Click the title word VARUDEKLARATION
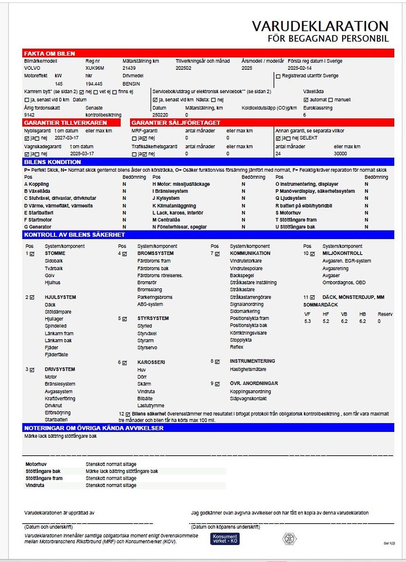320,26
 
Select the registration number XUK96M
95,68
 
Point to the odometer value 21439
129,68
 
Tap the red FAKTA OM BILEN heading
50,54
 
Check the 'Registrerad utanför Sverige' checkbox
278,76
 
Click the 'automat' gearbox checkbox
306,100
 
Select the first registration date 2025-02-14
299,68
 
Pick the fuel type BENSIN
131,84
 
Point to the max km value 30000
340,154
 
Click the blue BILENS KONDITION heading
52,162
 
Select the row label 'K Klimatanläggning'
174,206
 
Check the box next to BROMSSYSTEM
124,254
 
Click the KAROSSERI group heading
151,362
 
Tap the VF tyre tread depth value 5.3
308,321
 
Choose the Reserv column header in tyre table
385,314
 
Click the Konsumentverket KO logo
225,539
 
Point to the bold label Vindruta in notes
35,485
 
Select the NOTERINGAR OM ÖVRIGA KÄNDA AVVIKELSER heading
94,428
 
